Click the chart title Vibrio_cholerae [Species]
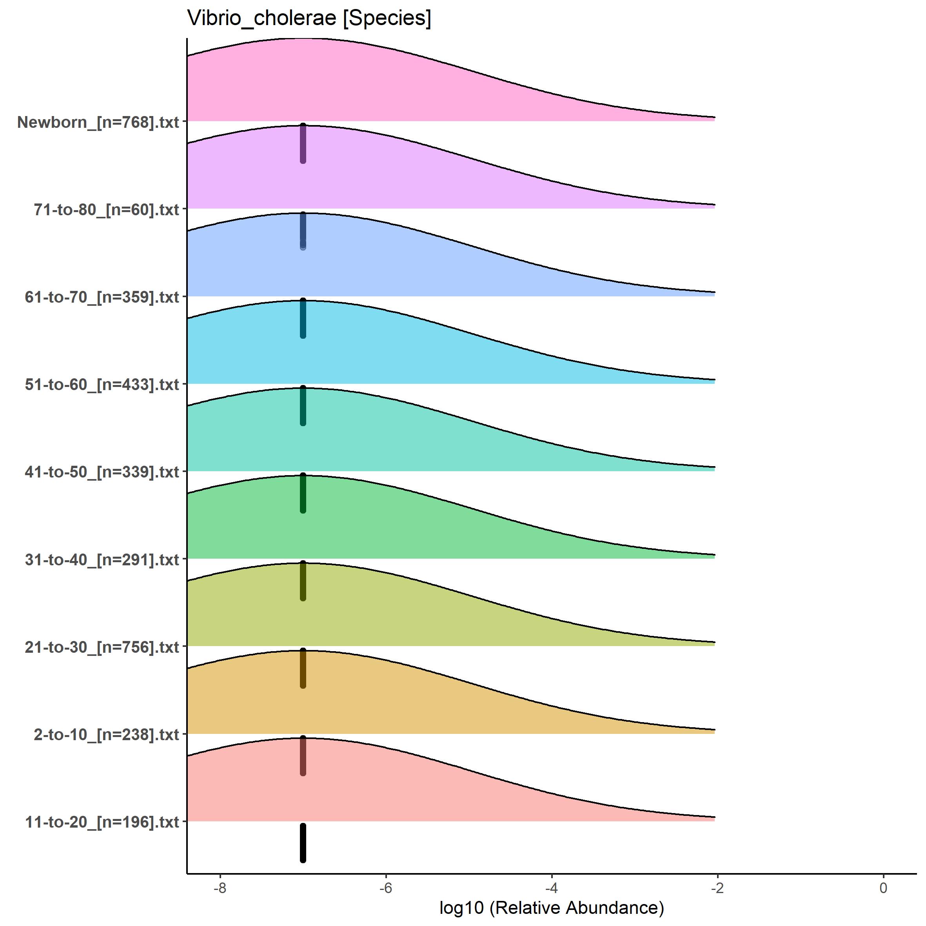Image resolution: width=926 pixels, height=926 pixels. pos(309,18)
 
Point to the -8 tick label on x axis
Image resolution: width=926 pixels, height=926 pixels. pos(220,888)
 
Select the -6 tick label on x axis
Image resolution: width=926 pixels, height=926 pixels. pos(385,888)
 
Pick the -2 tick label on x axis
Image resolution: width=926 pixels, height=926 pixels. pos(717,888)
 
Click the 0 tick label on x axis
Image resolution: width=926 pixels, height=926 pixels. pos(883,888)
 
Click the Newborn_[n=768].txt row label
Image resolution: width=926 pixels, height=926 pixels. pos(98,122)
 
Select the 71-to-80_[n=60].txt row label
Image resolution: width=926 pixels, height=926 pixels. pos(106,209)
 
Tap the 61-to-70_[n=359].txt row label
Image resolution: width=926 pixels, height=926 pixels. pos(102,297)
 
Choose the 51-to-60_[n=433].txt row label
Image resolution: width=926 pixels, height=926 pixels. pos(102,384)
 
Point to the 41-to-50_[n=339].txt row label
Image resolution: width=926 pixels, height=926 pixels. pos(102,472)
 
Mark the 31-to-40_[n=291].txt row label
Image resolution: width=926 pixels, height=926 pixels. pos(102,560)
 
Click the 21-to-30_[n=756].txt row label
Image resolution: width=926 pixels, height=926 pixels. pos(102,647)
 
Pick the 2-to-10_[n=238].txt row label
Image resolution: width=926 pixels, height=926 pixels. pos(106,734)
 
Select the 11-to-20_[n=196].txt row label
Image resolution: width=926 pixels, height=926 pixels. pos(102,822)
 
